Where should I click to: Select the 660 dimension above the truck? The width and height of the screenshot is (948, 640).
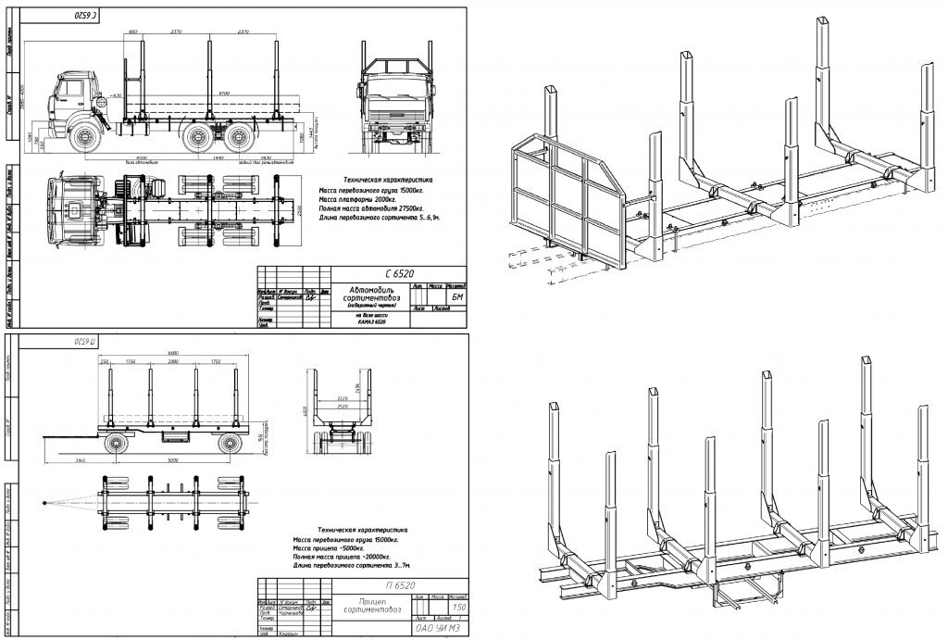[x=133, y=31]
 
